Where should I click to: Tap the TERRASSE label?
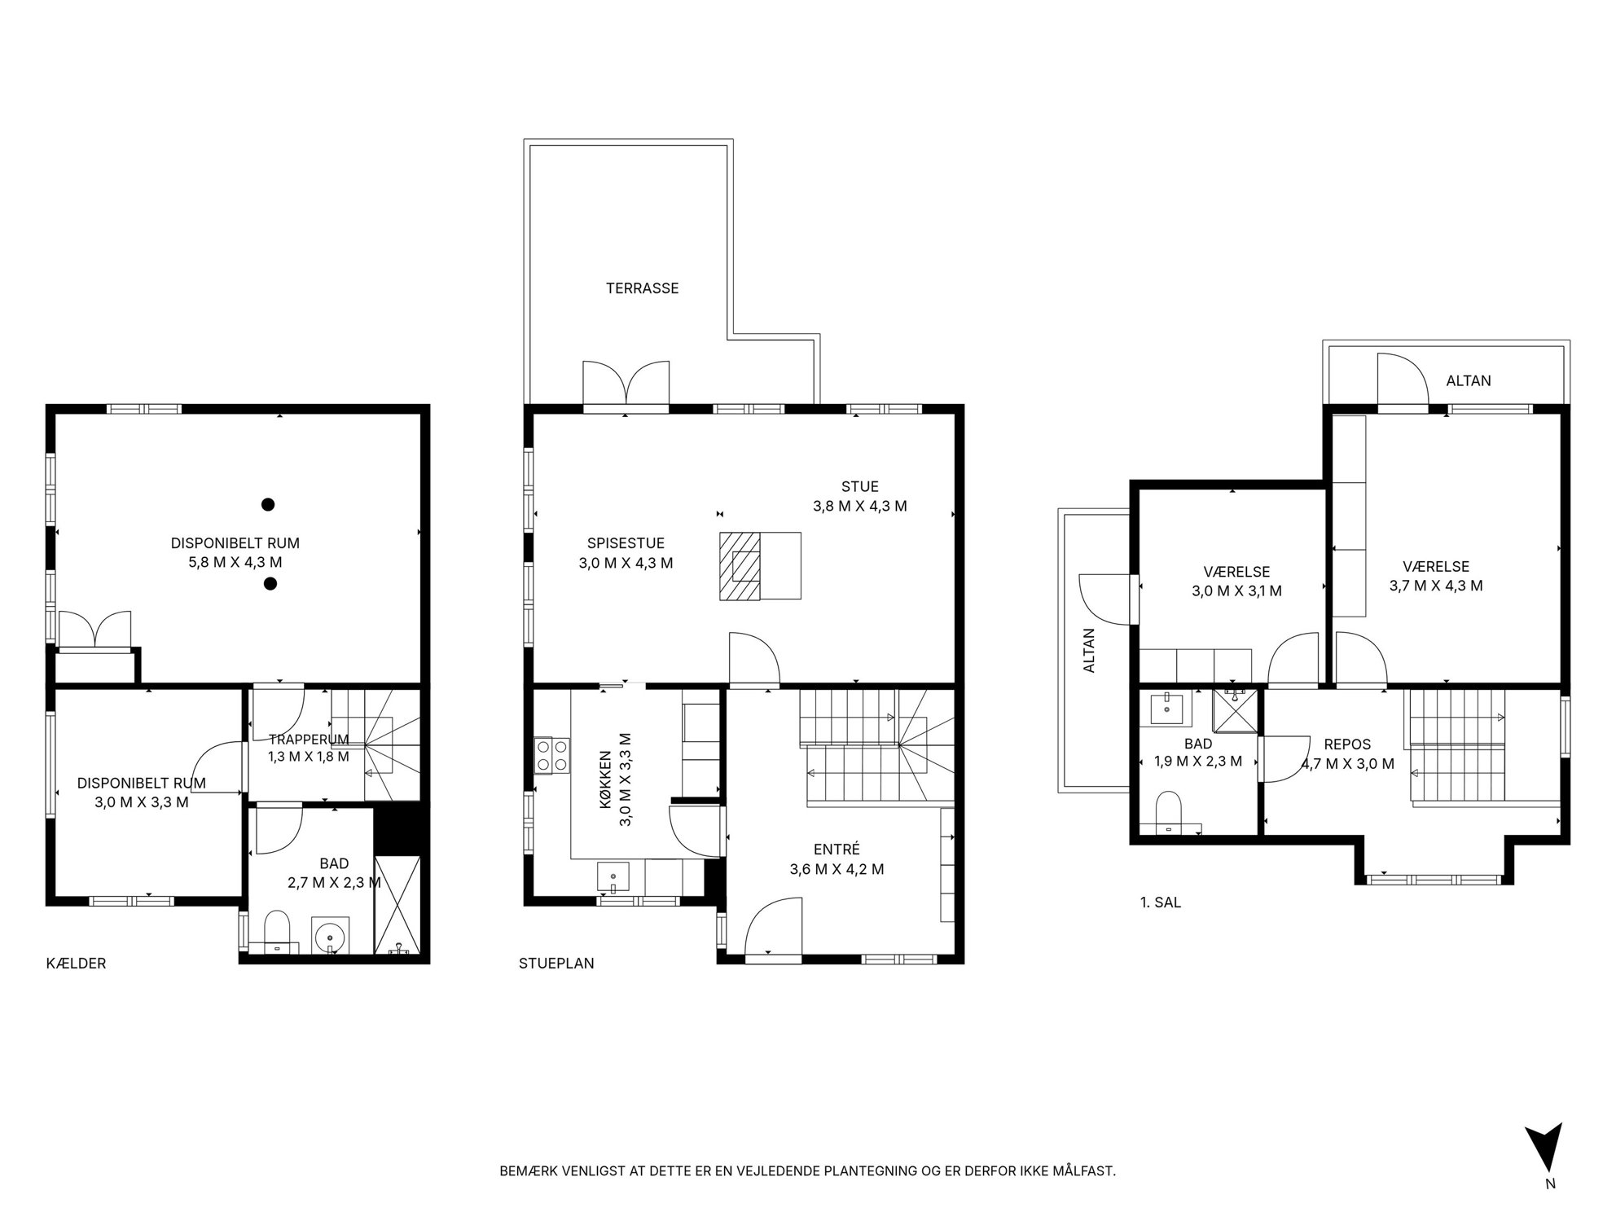click(642, 288)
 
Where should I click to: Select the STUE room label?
click(859, 487)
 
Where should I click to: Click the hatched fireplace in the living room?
click(740, 566)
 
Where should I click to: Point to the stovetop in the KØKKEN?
click(551, 755)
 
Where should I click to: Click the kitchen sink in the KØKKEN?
click(613, 877)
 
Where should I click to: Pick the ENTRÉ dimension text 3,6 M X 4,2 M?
click(837, 869)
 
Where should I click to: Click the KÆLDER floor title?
click(77, 964)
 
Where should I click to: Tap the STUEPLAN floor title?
click(556, 964)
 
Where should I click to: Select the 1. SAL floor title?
click(1161, 902)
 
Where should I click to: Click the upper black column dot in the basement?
click(267, 505)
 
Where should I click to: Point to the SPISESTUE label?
click(626, 543)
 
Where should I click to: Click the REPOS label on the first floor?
click(1347, 744)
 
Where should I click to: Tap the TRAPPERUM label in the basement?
click(309, 740)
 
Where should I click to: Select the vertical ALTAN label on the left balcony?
click(1089, 650)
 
